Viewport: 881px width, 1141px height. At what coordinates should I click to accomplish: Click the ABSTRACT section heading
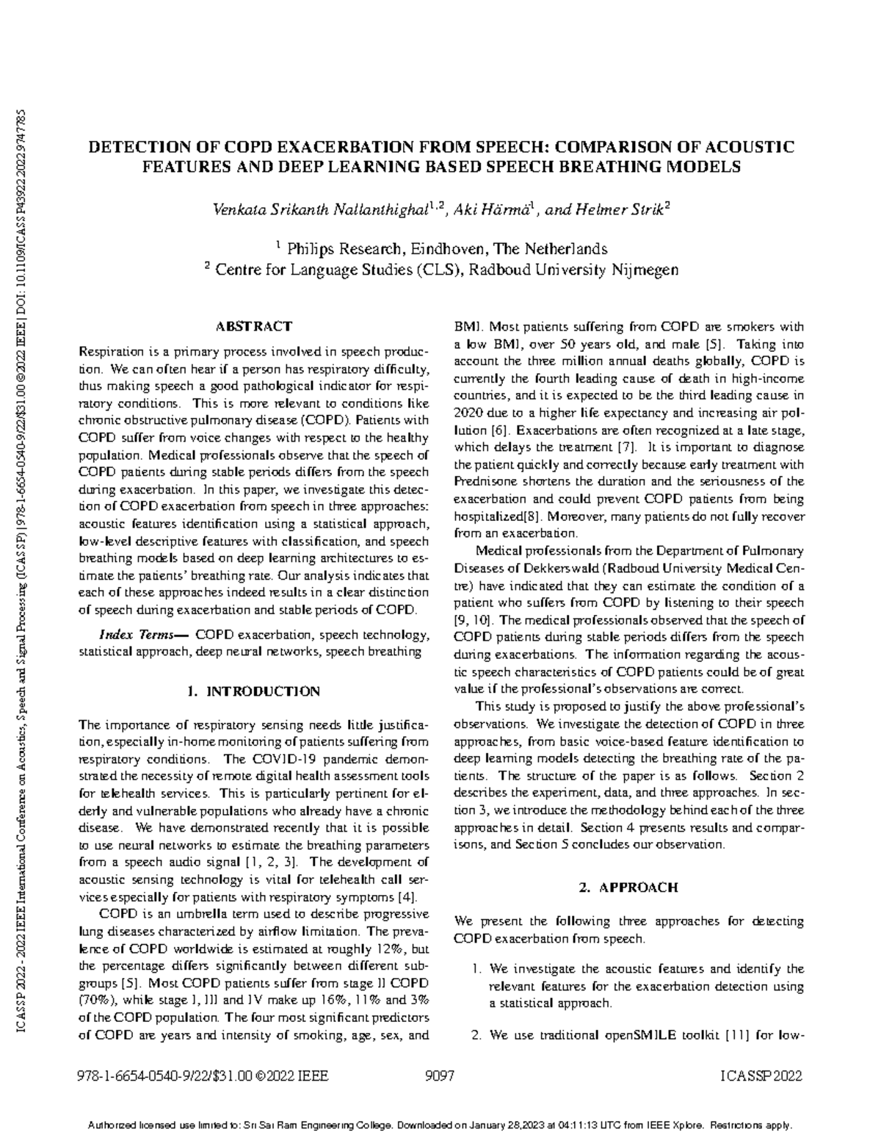[x=253, y=326]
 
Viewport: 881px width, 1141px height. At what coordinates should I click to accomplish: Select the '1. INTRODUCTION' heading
[x=253, y=691]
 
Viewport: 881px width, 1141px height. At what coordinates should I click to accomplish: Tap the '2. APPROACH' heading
[x=628, y=888]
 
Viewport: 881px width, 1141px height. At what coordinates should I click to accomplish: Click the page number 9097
[x=440, y=1077]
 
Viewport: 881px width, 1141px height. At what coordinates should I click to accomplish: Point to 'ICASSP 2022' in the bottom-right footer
[x=761, y=1077]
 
